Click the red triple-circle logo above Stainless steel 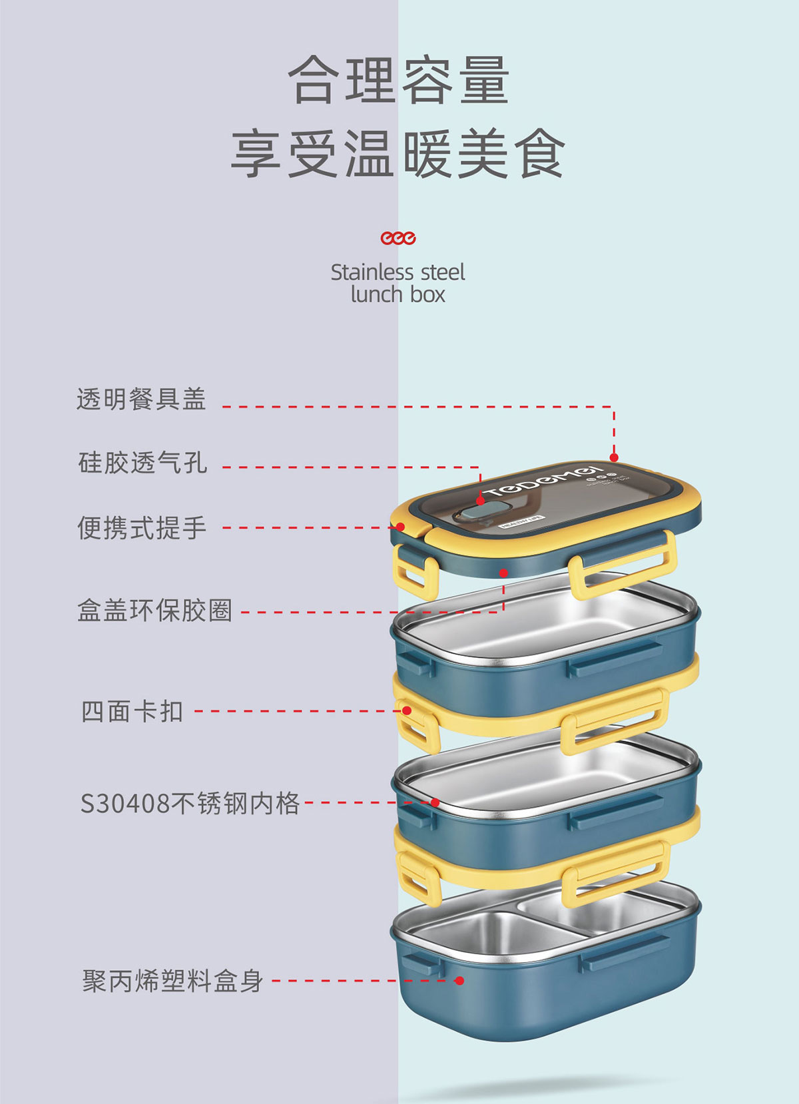(398, 238)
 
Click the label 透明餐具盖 (141, 400)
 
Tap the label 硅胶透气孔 (142, 462)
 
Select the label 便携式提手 (142, 527)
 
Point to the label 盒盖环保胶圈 (154, 610)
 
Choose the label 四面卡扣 (132, 711)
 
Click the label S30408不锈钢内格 (190, 803)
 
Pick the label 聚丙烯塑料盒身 (172, 981)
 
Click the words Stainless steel (398, 272)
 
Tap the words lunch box (398, 294)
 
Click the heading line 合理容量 (399, 81)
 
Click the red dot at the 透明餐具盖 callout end (614, 457)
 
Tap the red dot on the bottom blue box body (459, 980)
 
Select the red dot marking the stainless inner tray (435, 802)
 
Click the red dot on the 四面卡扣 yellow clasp (407, 710)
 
